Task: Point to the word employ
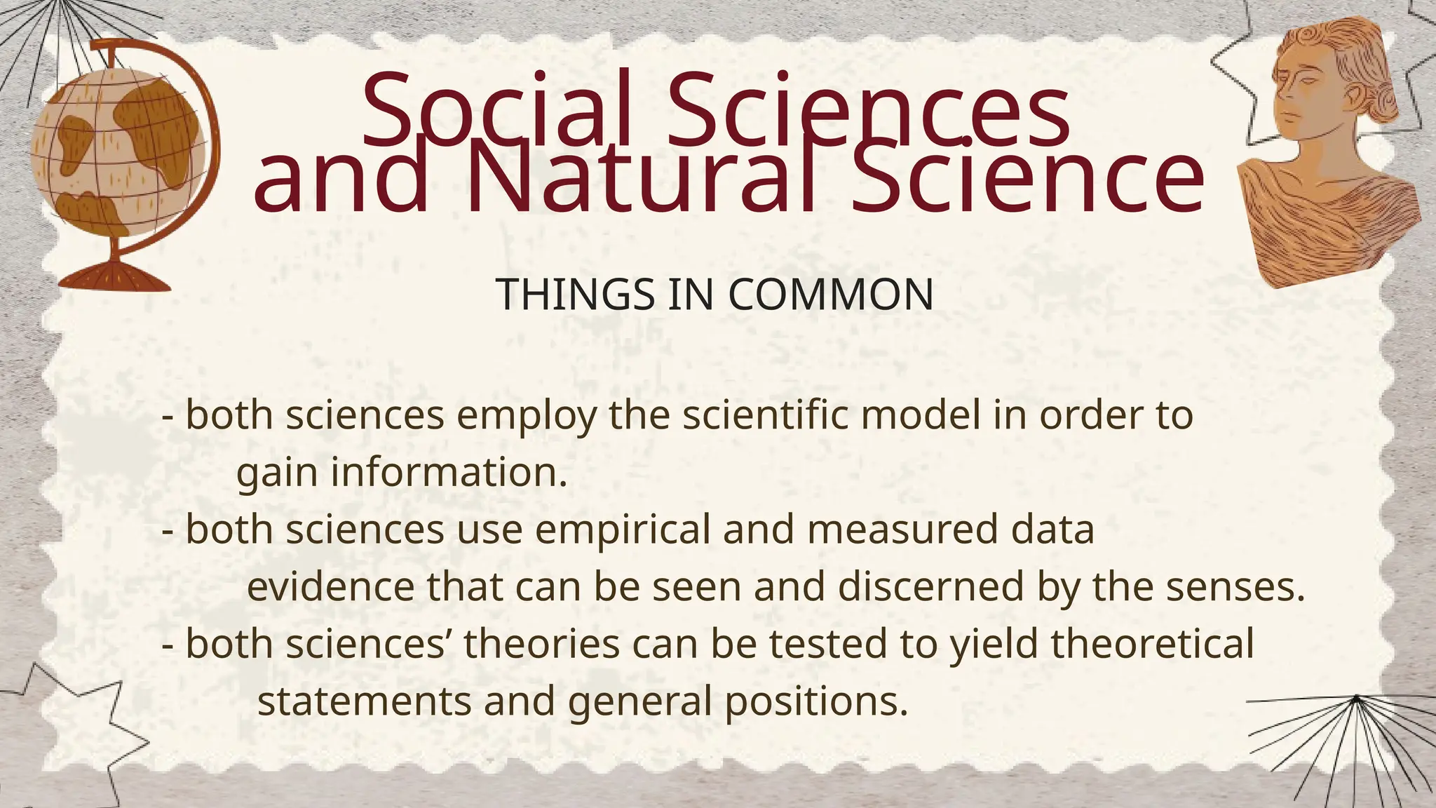527,416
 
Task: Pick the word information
449,472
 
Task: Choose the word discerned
930,586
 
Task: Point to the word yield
993,645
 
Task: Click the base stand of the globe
114,276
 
